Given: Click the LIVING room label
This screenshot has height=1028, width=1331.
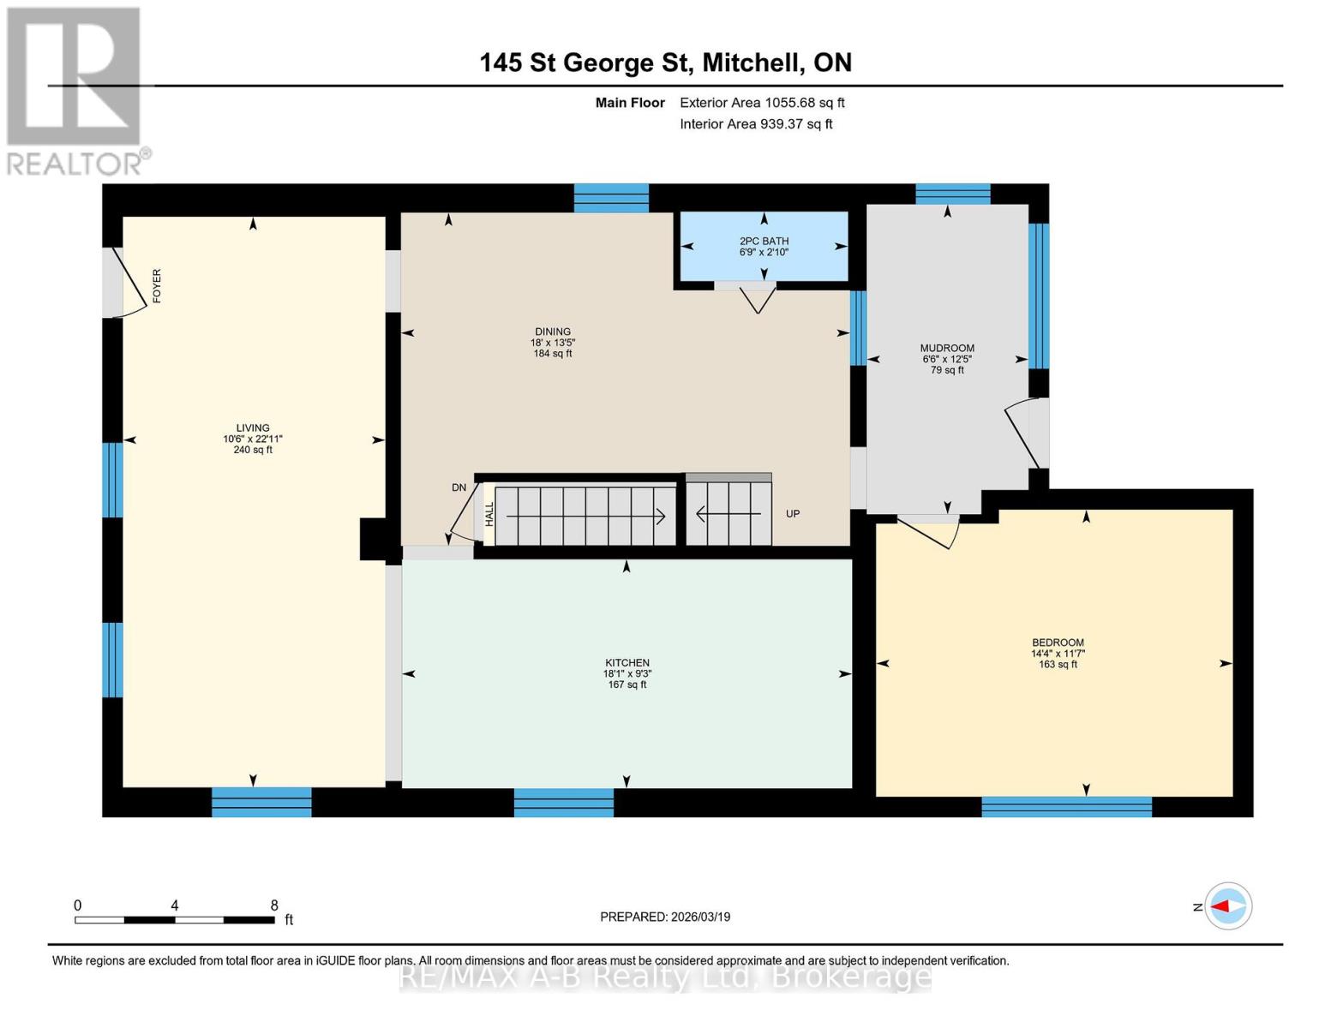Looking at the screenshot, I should click(x=253, y=428).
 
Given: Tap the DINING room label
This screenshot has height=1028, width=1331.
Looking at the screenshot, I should click(x=552, y=332).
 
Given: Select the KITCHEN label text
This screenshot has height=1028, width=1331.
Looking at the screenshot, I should click(x=627, y=663).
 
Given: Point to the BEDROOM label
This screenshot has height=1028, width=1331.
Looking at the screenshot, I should click(x=1058, y=642).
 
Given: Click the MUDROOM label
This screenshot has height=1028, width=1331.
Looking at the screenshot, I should click(x=947, y=349).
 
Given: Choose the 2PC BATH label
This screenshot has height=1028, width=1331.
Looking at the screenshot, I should click(x=764, y=242).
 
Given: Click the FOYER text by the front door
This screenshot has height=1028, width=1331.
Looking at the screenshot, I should click(x=157, y=286).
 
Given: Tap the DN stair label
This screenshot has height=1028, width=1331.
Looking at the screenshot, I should click(x=459, y=487).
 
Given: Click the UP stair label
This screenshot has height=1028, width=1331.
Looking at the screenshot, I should click(x=793, y=514).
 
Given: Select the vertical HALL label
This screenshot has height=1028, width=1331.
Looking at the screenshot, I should click(x=489, y=514).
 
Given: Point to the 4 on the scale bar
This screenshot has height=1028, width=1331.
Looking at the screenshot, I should click(x=175, y=905).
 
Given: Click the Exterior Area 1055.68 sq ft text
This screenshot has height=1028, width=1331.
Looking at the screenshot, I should click(x=762, y=103).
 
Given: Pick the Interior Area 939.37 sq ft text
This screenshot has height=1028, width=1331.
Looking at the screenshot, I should click(x=756, y=124).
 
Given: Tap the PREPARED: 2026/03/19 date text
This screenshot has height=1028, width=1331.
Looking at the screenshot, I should click(x=665, y=917).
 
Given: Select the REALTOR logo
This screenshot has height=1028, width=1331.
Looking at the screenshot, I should click(x=75, y=90).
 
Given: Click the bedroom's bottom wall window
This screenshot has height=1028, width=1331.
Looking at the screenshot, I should click(x=1066, y=806).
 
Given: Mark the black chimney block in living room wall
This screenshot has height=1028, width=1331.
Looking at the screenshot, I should click(x=373, y=539).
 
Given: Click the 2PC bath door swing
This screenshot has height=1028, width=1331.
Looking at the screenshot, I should click(x=758, y=300).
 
